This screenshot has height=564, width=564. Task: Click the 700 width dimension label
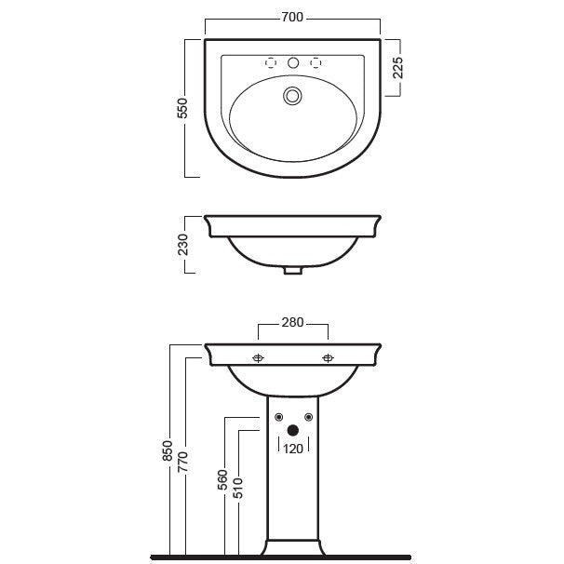(x=292, y=18)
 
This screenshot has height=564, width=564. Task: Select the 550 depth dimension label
(x=182, y=108)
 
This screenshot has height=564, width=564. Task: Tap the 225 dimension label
(x=397, y=68)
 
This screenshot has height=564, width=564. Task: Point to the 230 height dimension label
(x=182, y=245)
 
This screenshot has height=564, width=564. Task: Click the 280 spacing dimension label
(x=292, y=322)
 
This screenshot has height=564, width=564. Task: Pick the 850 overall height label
(x=168, y=450)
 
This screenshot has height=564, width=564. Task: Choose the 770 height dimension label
(x=182, y=463)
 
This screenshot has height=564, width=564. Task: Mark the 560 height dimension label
(x=223, y=479)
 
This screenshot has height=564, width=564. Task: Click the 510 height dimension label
(x=237, y=488)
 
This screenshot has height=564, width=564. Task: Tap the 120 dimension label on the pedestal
(x=293, y=449)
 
